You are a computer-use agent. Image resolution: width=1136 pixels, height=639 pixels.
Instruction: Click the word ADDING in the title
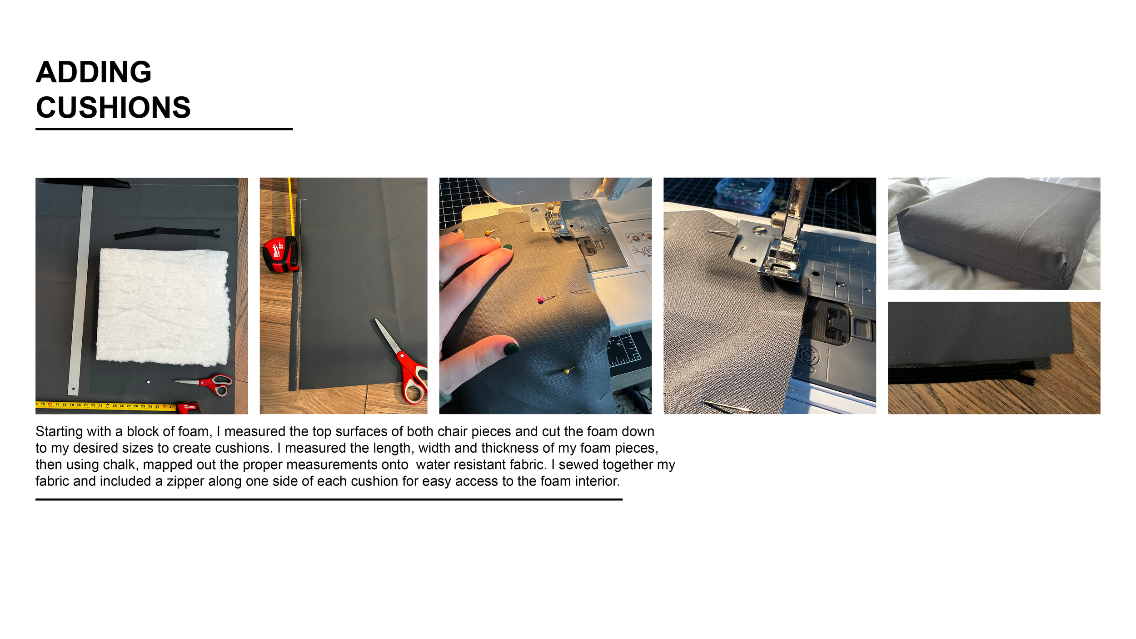pos(94,72)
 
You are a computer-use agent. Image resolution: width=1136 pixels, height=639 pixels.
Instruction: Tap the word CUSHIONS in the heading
pos(113,108)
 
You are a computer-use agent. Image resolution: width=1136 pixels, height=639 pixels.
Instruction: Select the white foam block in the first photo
pos(163,307)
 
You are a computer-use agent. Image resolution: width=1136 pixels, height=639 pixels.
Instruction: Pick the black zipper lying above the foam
pos(167,233)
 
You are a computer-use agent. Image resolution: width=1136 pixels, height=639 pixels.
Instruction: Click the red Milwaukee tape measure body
pos(280,254)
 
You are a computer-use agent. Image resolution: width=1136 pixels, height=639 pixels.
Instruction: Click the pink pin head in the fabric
pos(540,300)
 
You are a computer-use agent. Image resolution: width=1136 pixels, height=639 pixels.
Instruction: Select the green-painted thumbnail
pos(512,349)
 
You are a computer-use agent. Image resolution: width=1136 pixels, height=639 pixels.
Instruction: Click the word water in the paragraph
pos(433,465)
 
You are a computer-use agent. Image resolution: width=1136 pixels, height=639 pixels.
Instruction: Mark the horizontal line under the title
pos(164,129)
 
